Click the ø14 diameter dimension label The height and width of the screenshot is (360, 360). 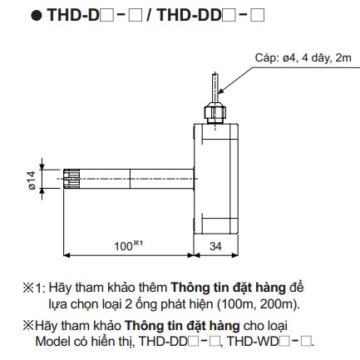(x=32, y=180)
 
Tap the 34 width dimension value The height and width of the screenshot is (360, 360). (x=215, y=246)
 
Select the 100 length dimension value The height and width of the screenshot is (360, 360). (x=123, y=246)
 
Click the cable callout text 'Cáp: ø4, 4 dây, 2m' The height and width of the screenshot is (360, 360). (x=303, y=58)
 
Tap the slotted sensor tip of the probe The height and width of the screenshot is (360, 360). (x=72, y=179)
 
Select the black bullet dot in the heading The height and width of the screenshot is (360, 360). (x=37, y=16)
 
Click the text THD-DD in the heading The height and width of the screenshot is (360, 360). (x=189, y=15)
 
